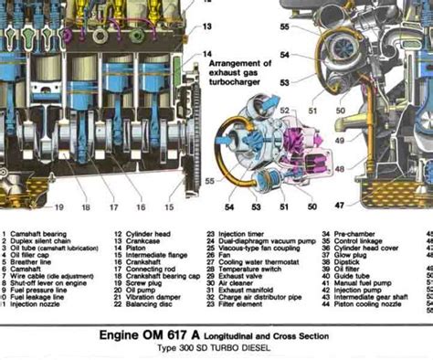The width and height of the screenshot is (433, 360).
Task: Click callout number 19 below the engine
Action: (58, 207)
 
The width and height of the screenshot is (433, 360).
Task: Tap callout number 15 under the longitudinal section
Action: (169, 207)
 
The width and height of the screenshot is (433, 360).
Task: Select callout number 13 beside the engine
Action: (207, 26)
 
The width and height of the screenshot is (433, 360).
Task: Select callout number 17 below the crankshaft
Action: (115, 207)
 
